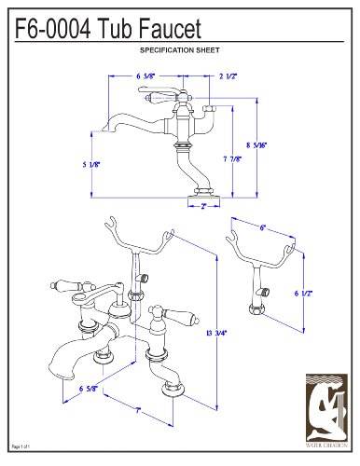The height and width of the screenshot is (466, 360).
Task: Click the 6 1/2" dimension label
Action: click(303, 295)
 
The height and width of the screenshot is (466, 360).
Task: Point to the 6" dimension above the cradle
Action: click(263, 227)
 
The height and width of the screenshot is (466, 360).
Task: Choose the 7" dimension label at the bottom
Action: click(136, 409)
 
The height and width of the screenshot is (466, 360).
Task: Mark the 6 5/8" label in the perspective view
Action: click(90, 389)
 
